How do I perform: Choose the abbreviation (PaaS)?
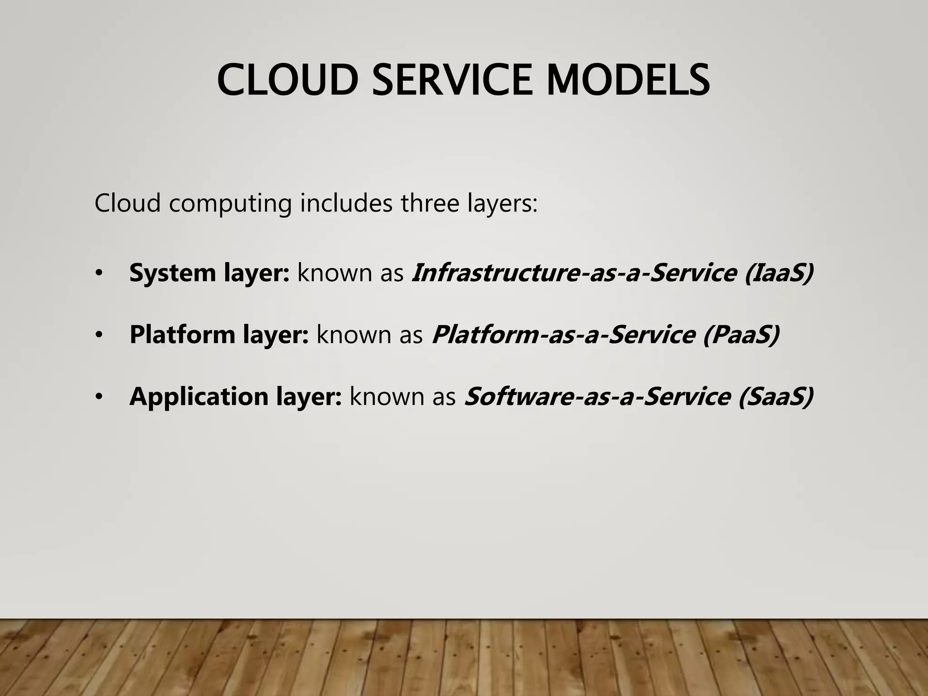(741, 335)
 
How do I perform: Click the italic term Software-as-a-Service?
(598, 397)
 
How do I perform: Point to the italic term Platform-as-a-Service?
(563, 335)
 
